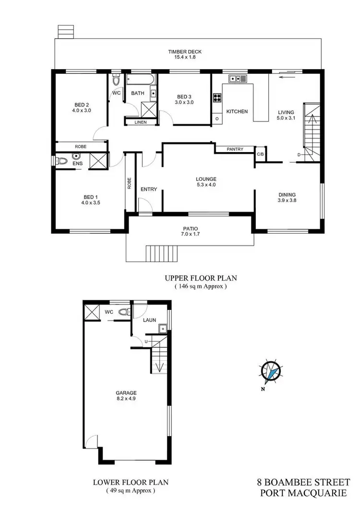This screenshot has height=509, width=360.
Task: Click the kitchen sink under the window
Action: click(x=235, y=79)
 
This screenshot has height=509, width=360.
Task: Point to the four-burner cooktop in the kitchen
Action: click(x=216, y=98)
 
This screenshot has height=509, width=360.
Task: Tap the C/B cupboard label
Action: click(x=260, y=154)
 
